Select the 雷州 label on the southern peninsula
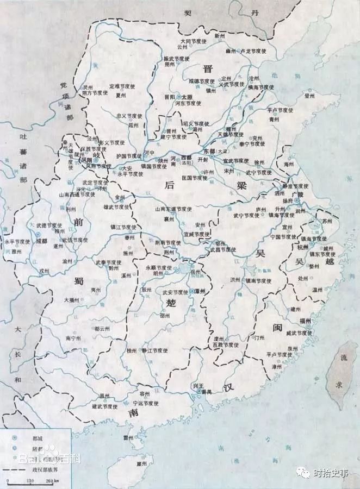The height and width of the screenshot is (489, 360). [x=129, y=437]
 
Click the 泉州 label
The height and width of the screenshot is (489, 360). [x=293, y=348]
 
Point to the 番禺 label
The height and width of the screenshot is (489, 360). [x=206, y=391]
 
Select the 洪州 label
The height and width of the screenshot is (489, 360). [x=235, y=279]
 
